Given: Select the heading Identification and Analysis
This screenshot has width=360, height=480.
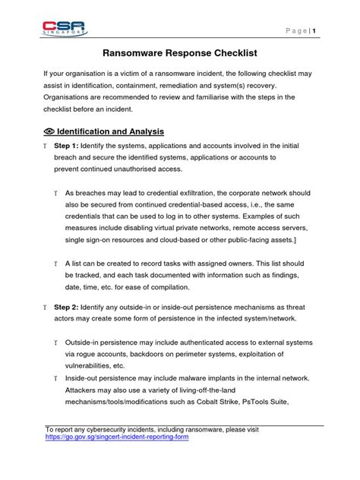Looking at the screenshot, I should pos(110,131).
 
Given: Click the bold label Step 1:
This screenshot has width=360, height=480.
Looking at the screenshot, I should pos(71,144).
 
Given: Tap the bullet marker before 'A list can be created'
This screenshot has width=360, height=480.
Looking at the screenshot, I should pos(57,261).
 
